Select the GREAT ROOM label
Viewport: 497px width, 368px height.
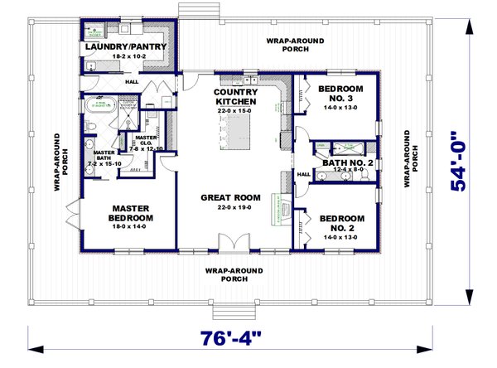[231, 197]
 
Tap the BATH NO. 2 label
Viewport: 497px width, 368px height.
[348, 163]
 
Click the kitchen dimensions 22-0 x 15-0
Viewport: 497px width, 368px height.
[236, 110]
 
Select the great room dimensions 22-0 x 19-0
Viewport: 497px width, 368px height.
[231, 207]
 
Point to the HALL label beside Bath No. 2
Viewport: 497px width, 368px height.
[303, 174]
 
